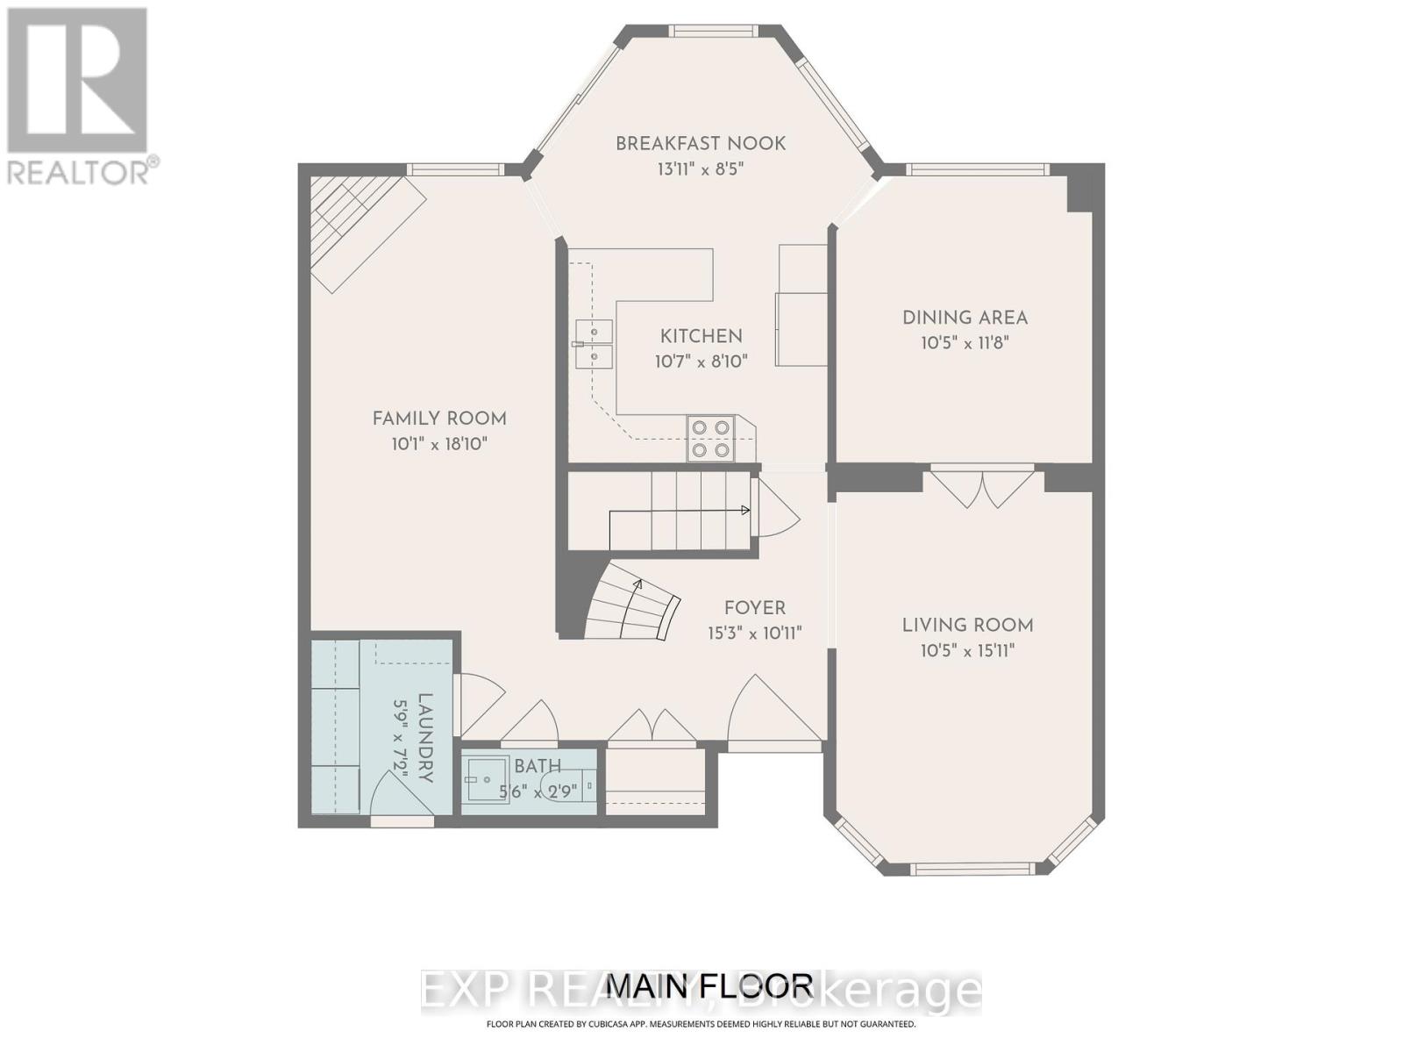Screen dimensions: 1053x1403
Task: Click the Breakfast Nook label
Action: [x=700, y=143]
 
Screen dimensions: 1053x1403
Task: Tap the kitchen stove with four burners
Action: [x=710, y=439]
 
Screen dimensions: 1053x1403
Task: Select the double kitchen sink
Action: [x=594, y=344]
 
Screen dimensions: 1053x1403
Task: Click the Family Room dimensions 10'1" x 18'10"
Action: [x=439, y=444]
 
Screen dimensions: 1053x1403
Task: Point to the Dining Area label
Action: [x=965, y=318]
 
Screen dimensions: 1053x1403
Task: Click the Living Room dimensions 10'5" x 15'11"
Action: [x=967, y=650]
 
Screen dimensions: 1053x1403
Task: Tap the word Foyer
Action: [x=754, y=608]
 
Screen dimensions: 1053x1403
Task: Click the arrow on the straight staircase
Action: [x=745, y=510]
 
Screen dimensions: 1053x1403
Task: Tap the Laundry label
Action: [x=425, y=737]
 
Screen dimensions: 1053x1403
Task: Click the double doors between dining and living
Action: [x=983, y=488]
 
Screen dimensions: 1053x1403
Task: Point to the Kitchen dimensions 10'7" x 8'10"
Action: [x=701, y=361]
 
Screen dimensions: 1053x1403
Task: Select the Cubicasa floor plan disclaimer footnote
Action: [x=701, y=1024]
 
